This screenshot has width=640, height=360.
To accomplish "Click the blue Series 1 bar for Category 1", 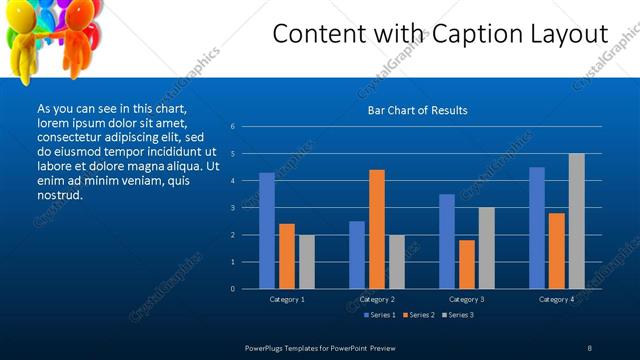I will pyautogui.click(x=267, y=231).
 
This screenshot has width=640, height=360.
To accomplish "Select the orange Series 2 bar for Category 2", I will pyautogui.click(x=377, y=229).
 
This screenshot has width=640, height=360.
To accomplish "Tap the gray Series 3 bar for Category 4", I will pyautogui.click(x=576, y=221).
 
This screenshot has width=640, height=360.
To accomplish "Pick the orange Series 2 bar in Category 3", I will pyautogui.click(x=467, y=264).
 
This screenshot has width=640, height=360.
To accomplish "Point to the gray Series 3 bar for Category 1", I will pyautogui.click(x=306, y=262).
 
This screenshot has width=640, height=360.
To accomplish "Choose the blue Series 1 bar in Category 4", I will pyautogui.click(x=537, y=228).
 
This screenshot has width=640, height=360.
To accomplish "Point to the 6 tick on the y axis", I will pyautogui.click(x=232, y=127).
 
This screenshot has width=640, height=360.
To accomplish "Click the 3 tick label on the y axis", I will pyautogui.click(x=232, y=208).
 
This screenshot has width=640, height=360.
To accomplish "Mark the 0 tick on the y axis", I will pyautogui.click(x=232, y=289).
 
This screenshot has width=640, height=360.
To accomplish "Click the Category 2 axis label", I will pyautogui.click(x=377, y=299).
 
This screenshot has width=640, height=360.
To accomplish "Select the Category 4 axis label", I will pyautogui.click(x=556, y=299).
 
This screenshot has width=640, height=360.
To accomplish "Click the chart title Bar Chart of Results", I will pyautogui.click(x=417, y=110).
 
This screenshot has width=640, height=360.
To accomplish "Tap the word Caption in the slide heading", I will pyautogui.click(x=468, y=34).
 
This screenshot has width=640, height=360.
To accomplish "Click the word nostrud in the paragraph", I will pyautogui.click(x=60, y=195).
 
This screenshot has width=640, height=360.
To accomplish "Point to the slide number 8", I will pyautogui.click(x=589, y=347).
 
